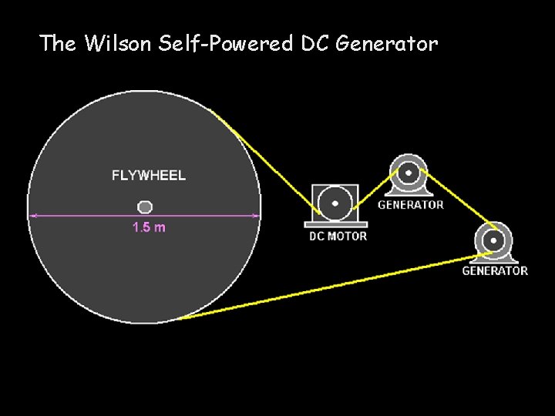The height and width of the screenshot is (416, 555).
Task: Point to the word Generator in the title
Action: pyautogui.click(x=387, y=43)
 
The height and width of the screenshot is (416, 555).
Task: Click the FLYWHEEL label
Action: pyautogui.click(x=149, y=176)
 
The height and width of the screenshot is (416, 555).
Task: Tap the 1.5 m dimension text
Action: pyautogui.click(x=149, y=227)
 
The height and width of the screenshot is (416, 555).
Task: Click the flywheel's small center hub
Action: pyautogui.click(x=145, y=206)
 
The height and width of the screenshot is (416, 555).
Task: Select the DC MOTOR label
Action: pyautogui.click(x=338, y=236)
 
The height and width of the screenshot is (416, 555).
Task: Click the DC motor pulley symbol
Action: pyautogui.click(x=335, y=204)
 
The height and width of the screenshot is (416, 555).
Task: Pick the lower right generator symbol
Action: pyautogui.click(x=493, y=240)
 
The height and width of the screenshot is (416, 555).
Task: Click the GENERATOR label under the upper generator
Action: pyautogui.click(x=411, y=205)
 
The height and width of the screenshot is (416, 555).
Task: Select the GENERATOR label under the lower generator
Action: pyautogui.click(x=495, y=271)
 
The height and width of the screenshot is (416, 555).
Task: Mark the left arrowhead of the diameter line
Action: pyautogui.click(x=32, y=216)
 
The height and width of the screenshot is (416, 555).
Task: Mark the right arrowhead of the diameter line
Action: pyautogui.click(x=257, y=216)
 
